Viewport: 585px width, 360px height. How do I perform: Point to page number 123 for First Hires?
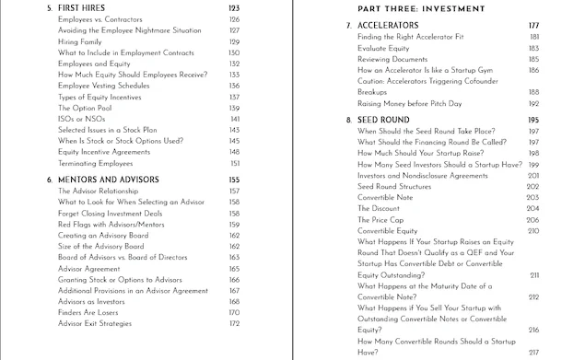click(x=233, y=7)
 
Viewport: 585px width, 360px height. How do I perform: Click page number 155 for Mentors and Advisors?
click(x=233, y=179)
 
